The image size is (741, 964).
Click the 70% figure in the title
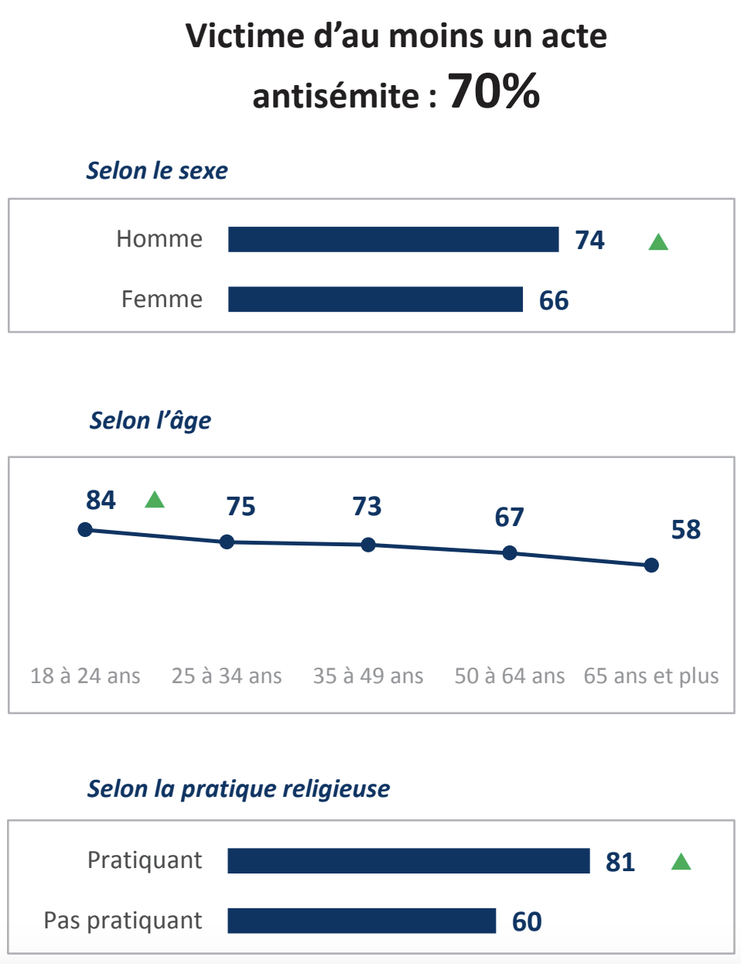click(x=493, y=91)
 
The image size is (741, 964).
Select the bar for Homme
click(x=393, y=239)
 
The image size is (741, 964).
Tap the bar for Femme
click(x=375, y=299)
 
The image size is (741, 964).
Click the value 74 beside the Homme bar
click(x=589, y=240)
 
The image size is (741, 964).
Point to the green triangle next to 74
click(x=658, y=242)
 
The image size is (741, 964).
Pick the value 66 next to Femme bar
click(x=554, y=300)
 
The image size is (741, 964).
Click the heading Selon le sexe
click(x=157, y=170)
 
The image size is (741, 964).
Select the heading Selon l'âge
click(x=150, y=420)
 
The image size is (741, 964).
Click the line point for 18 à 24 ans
click(x=85, y=529)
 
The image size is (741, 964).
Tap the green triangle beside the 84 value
click(x=155, y=500)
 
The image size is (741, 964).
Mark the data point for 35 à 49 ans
click(x=368, y=545)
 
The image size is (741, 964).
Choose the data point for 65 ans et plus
click(x=651, y=566)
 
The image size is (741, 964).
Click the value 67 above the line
click(x=509, y=517)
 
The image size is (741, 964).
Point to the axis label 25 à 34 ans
click(x=227, y=675)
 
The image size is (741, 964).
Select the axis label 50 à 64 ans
click(x=509, y=675)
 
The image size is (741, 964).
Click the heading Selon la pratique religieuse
click(x=238, y=788)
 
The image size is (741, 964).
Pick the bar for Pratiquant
click(x=408, y=861)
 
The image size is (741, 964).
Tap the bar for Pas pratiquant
click(x=361, y=921)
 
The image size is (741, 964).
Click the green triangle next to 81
click(x=681, y=861)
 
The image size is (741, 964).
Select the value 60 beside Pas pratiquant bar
click(x=527, y=921)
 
